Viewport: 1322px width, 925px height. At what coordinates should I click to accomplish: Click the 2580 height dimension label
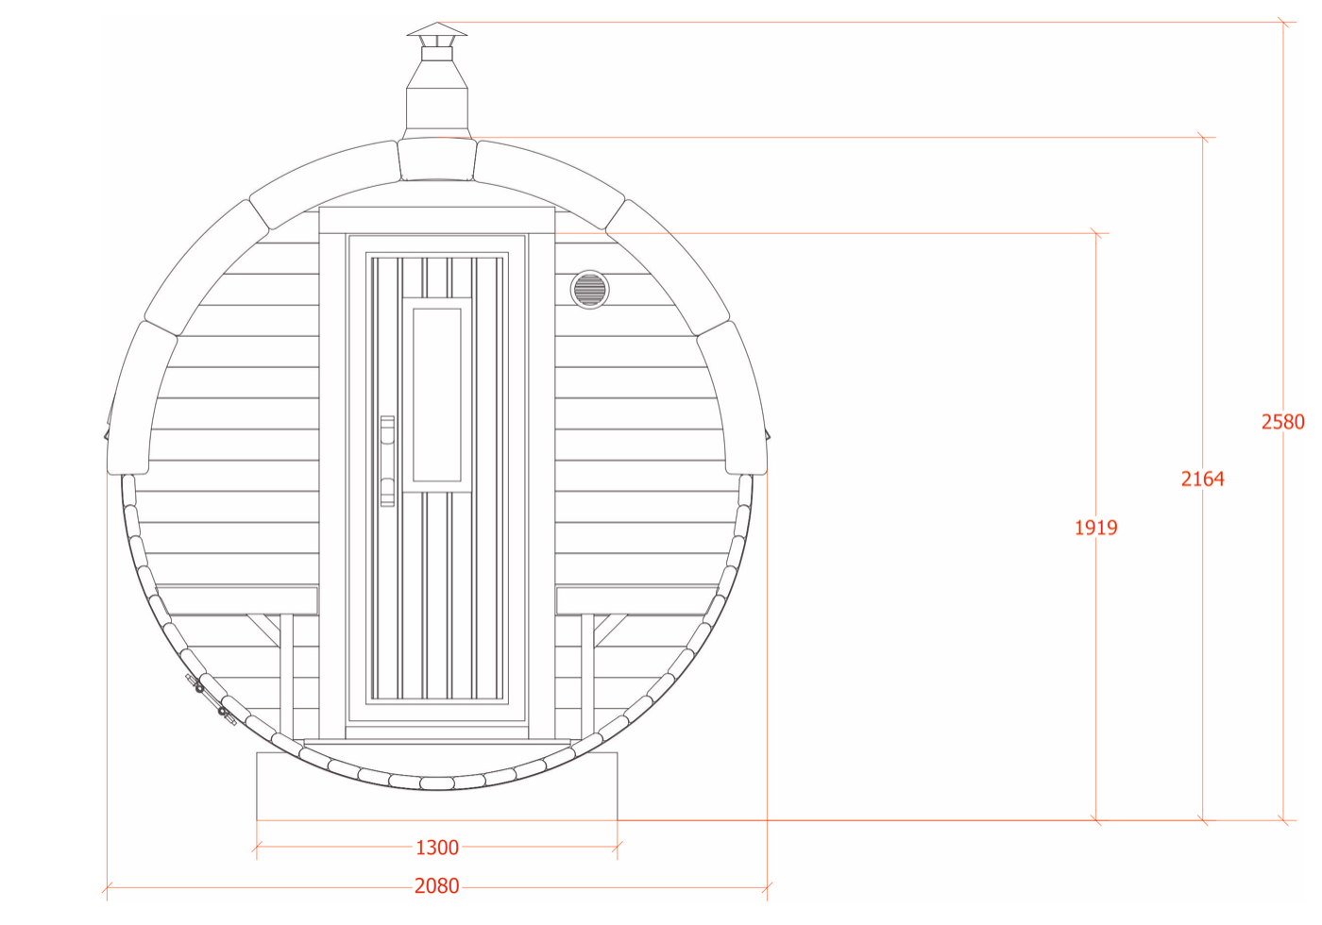pos(1282,422)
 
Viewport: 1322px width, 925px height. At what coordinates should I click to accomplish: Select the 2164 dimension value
pos(1202,479)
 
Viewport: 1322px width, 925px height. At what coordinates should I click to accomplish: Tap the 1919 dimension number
pos(1096,528)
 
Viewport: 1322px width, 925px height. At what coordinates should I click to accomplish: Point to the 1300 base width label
pos(436,848)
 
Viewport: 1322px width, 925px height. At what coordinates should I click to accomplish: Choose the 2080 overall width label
pos(436,886)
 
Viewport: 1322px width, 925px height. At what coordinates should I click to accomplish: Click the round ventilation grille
pos(589,290)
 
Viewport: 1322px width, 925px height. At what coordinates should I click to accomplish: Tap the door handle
pos(387,461)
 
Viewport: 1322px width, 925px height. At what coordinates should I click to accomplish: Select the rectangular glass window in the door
pos(436,395)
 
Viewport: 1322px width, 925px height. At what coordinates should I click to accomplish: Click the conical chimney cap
pos(436,29)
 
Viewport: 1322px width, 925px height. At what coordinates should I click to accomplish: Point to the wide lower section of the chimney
pos(436,114)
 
